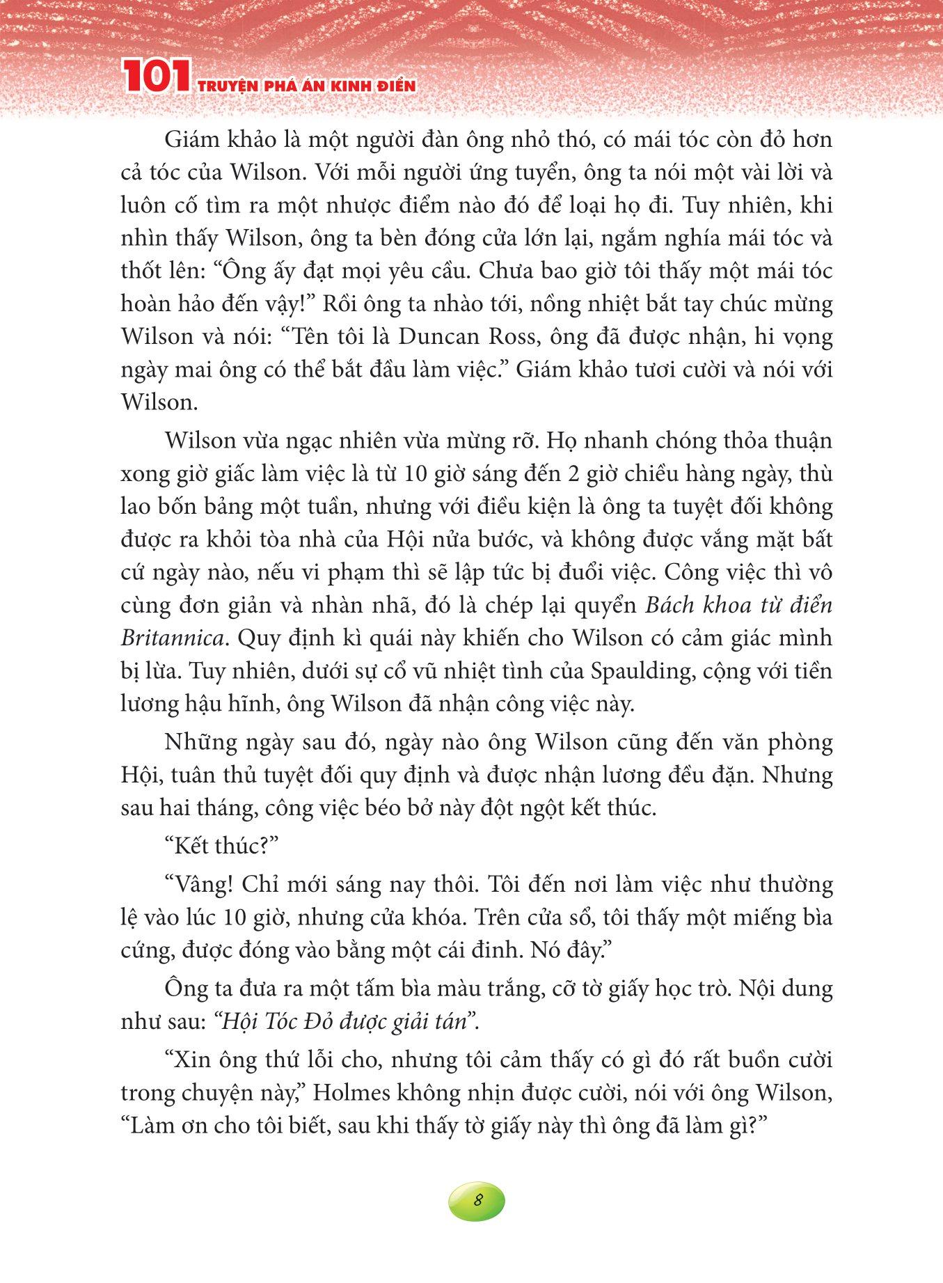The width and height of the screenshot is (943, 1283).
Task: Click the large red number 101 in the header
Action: pos(154,77)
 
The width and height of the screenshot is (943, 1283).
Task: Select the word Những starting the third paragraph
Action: pos(207,742)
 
